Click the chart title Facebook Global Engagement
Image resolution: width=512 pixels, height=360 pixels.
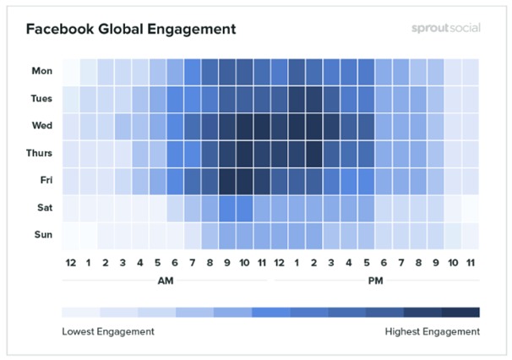(131, 30)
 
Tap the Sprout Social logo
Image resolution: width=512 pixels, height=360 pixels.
(440, 28)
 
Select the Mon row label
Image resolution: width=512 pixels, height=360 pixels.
(42, 71)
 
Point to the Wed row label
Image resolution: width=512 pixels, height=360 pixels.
(42, 126)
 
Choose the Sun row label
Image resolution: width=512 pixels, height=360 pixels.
(44, 234)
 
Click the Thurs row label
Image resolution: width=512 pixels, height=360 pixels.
(40, 153)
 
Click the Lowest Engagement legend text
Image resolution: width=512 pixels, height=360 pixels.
(108, 331)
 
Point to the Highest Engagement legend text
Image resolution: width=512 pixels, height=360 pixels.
(433, 331)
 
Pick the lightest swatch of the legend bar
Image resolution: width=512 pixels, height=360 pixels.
(80, 312)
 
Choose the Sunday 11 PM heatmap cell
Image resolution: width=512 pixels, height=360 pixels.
(471, 234)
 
